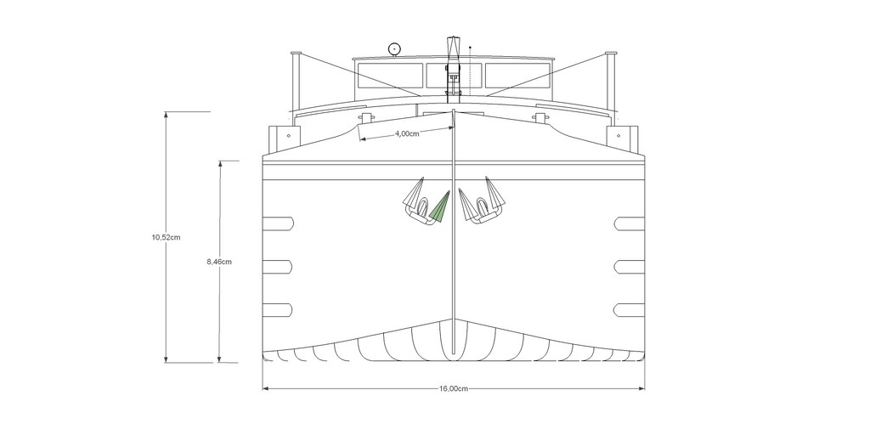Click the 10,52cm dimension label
click(x=166, y=238)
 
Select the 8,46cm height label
click(x=219, y=262)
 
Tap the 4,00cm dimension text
click(x=407, y=133)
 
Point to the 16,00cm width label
click(x=454, y=388)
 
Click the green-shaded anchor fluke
click(x=440, y=208)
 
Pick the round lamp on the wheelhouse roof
click(x=394, y=49)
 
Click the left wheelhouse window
click(x=391, y=76)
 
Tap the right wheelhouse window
click(x=517, y=76)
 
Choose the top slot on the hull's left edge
click(x=278, y=223)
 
